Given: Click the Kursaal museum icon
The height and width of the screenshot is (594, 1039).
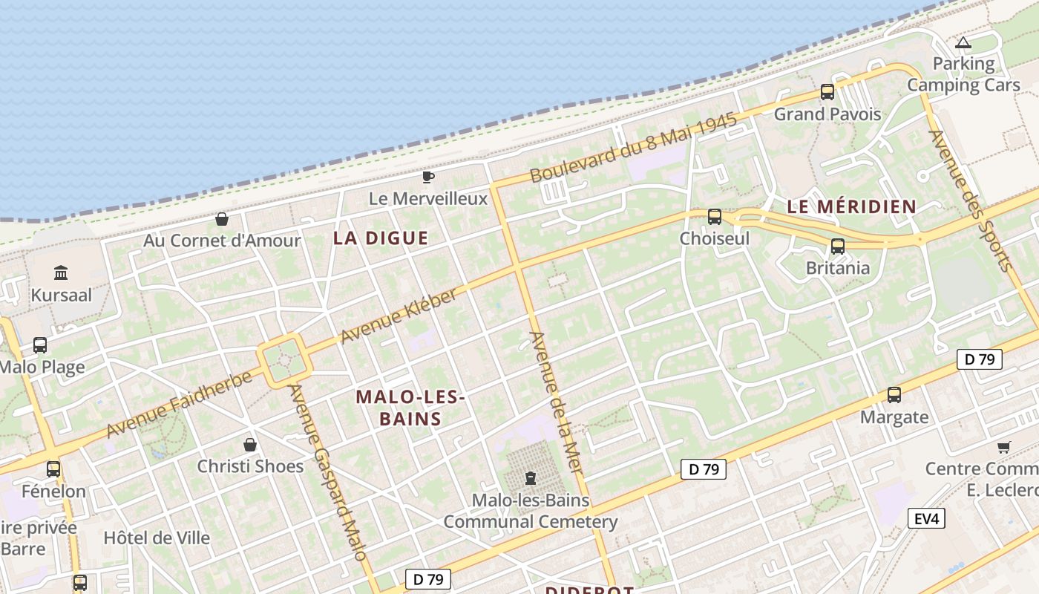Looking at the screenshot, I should (61, 273).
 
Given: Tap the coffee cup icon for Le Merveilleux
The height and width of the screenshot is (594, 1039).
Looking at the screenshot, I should (427, 177).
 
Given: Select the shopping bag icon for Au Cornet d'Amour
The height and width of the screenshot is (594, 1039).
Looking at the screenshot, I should (221, 219).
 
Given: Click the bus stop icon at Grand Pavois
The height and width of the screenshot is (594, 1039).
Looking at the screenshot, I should (827, 92).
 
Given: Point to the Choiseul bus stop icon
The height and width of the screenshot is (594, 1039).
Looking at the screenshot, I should (714, 217).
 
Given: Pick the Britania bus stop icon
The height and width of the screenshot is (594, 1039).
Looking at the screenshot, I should (837, 246).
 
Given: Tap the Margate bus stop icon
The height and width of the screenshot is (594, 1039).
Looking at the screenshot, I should (894, 395).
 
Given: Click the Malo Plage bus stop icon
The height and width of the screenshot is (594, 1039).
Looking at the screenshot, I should (40, 345).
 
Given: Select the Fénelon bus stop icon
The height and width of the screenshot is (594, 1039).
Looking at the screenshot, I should (53, 469).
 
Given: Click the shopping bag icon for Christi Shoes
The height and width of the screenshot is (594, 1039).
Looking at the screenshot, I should (250, 445).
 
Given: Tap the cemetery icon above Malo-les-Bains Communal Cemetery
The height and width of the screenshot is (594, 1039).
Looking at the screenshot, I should (530, 477).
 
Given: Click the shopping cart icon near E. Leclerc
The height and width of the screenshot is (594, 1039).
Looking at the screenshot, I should (1003, 447).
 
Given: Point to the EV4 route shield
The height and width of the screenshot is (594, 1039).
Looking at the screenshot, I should (926, 518).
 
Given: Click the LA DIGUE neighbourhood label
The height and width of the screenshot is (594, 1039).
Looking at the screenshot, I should (381, 238).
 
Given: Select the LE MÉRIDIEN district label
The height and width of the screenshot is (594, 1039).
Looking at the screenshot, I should (851, 207).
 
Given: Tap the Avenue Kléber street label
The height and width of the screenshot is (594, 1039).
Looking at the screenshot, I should (399, 316).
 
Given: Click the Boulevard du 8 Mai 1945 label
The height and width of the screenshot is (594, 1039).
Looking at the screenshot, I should (633, 148).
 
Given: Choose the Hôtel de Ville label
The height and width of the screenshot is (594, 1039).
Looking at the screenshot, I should (157, 538).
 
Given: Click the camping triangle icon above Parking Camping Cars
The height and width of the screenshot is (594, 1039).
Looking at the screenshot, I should (963, 43).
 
